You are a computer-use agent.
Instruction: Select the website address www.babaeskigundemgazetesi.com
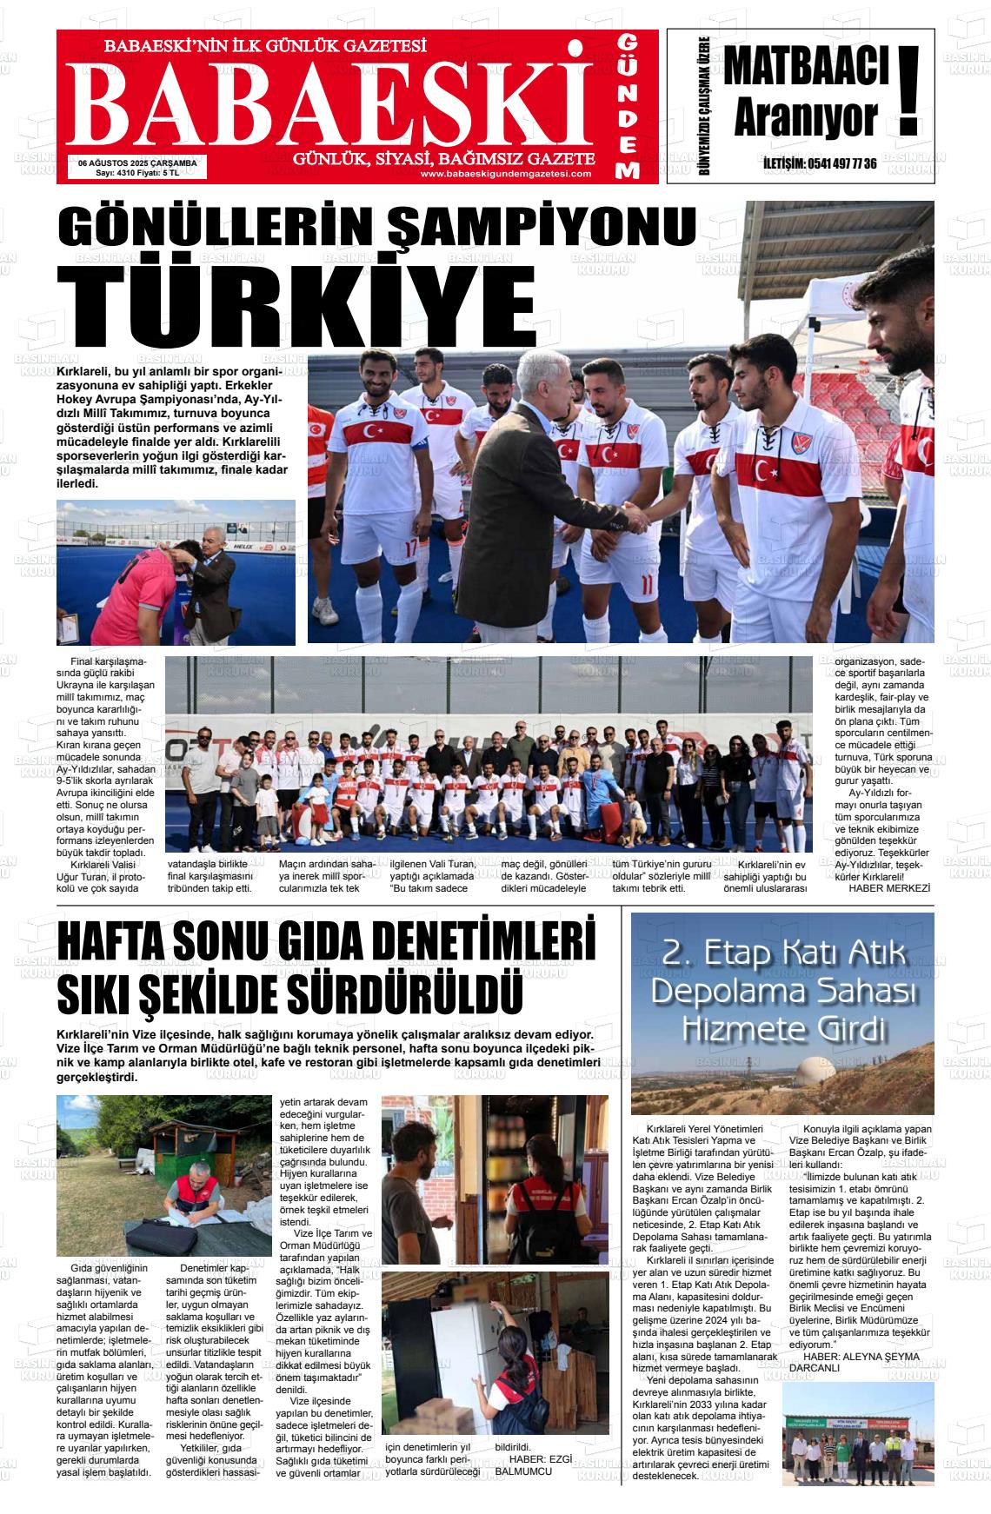(505, 174)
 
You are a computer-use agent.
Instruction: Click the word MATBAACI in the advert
(805, 68)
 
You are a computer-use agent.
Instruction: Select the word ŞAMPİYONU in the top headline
(541, 229)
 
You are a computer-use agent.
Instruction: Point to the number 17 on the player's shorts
(411, 549)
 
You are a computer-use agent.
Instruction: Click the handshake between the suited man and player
(637, 520)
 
